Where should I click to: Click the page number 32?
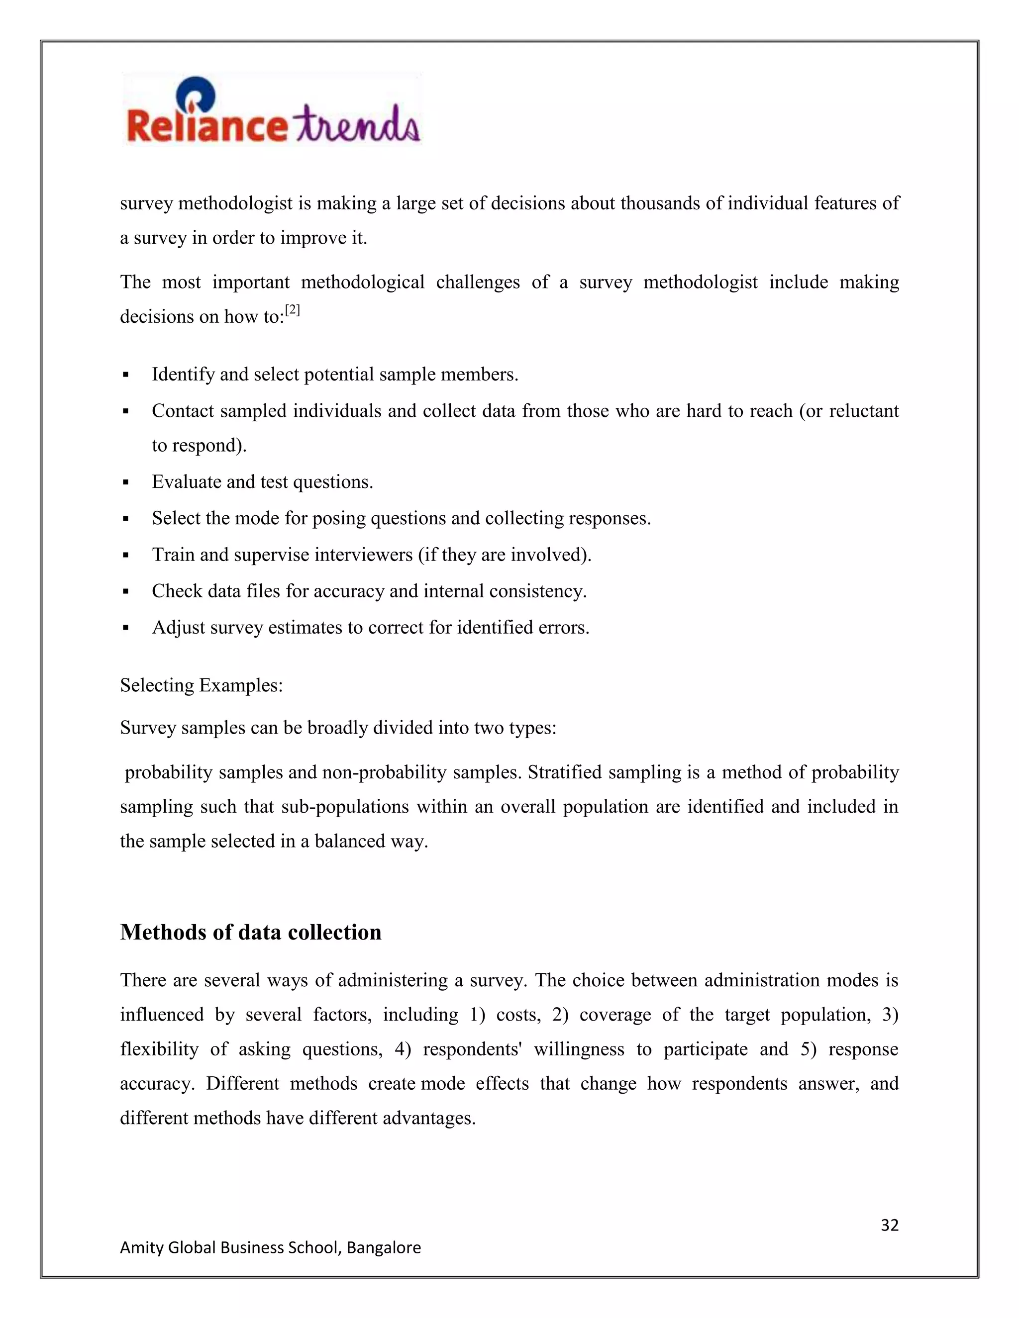coord(889,1224)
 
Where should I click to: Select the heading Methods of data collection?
coord(251,933)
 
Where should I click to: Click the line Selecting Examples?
coord(201,685)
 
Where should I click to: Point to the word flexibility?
coord(159,1049)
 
